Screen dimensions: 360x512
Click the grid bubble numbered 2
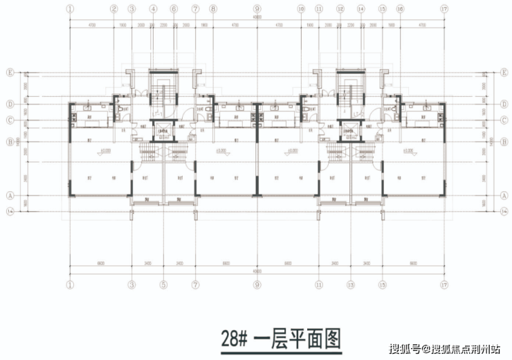click(x=114, y=10)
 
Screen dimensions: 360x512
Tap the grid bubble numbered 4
click(x=154, y=10)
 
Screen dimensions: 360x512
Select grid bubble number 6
click(x=174, y=10)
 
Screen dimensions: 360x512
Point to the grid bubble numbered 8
click(x=213, y=10)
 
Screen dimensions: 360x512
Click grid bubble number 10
click(x=302, y=10)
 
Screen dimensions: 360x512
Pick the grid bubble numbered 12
click(x=340, y=10)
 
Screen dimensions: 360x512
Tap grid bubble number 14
click(x=361, y=10)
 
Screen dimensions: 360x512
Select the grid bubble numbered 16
click(x=400, y=10)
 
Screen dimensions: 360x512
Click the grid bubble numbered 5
click(x=164, y=284)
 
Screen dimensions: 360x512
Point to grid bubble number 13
click(x=351, y=284)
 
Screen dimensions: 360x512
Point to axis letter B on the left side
click(x=10, y=142)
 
